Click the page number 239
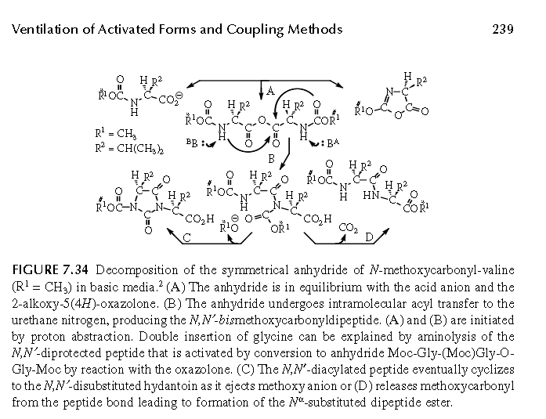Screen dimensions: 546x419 click(502, 29)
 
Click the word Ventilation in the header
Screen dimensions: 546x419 click(45, 29)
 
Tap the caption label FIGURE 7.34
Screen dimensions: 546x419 click(50, 269)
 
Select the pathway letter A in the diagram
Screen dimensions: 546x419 click(270, 91)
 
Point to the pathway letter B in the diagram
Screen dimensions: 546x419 click(271, 159)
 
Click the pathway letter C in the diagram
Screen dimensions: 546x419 click(186, 237)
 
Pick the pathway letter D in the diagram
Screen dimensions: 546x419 click(369, 237)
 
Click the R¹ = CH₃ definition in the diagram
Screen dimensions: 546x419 click(116, 133)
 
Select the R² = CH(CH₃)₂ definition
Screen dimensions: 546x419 click(129, 149)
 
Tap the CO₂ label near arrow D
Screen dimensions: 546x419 click(349, 228)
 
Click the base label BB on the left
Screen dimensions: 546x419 click(192, 143)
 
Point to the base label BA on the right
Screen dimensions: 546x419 click(333, 143)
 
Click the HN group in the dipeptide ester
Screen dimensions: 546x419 click(371, 195)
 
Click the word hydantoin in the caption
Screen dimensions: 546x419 click(165, 386)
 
